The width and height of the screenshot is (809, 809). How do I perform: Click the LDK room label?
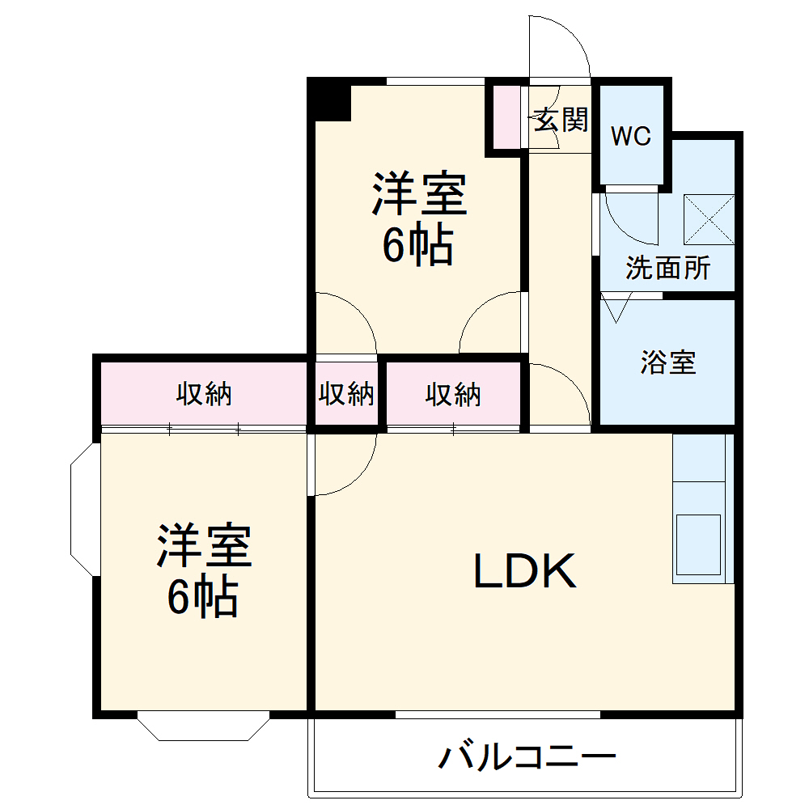click(x=524, y=572)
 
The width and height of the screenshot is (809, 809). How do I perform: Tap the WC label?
click(x=630, y=137)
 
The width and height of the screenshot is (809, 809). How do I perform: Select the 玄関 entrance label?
click(x=560, y=121)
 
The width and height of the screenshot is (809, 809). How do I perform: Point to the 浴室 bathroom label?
click(x=667, y=363)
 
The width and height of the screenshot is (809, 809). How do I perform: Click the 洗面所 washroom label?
click(x=667, y=268)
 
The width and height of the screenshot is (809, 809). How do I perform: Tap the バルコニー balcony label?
click(x=527, y=758)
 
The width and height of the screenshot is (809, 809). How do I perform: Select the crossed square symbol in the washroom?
click(x=710, y=219)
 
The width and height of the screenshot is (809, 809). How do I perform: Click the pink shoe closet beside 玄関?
click(x=506, y=116)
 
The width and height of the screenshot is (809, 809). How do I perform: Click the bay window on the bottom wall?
click(x=202, y=726)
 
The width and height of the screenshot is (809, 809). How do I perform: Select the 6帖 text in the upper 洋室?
click(x=417, y=247)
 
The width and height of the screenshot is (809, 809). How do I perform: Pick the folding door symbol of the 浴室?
click(x=616, y=308)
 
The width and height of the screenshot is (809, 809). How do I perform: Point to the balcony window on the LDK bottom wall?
click(x=498, y=714)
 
